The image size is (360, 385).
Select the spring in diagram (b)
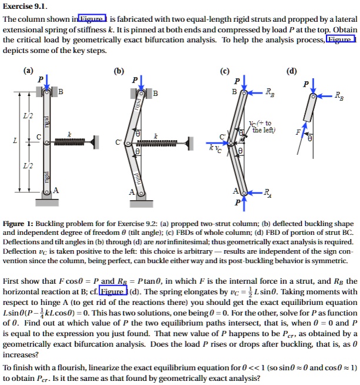click(x=156, y=141)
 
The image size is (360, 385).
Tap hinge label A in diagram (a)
click(x=56, y=190)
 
